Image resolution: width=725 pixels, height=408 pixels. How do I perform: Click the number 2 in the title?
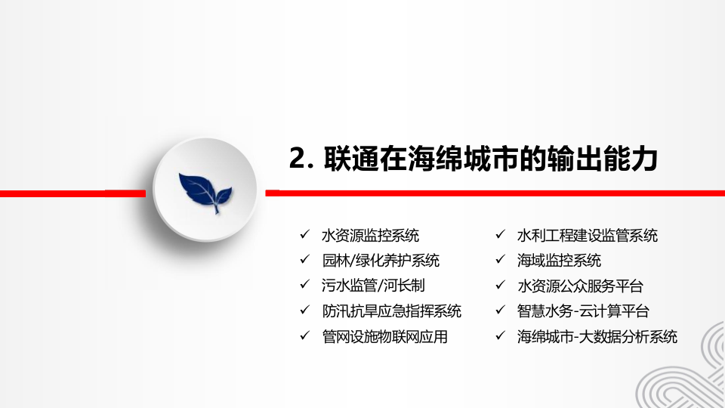point(298,159)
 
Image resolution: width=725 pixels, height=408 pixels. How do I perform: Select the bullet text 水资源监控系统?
point(370,235)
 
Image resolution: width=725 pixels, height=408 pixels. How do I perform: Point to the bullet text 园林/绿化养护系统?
point(381,261)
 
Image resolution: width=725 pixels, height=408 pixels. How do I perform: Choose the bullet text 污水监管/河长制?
point(373,286)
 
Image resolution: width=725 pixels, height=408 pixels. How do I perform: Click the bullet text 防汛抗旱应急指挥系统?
point(391,311)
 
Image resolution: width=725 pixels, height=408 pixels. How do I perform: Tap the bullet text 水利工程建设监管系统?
point(587,235)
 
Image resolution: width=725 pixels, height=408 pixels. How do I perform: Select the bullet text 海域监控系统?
point(559,261)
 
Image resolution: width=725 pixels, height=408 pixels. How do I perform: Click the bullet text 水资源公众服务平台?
point(580,286)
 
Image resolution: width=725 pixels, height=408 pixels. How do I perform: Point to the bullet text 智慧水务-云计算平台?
point(583,311)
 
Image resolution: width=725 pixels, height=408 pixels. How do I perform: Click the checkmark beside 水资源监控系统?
point(304,235)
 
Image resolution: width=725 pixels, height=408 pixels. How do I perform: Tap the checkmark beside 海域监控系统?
point(500,261)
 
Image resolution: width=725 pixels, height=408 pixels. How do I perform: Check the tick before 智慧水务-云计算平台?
point(500,311)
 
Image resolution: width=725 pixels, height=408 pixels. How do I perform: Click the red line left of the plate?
point(76,193)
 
